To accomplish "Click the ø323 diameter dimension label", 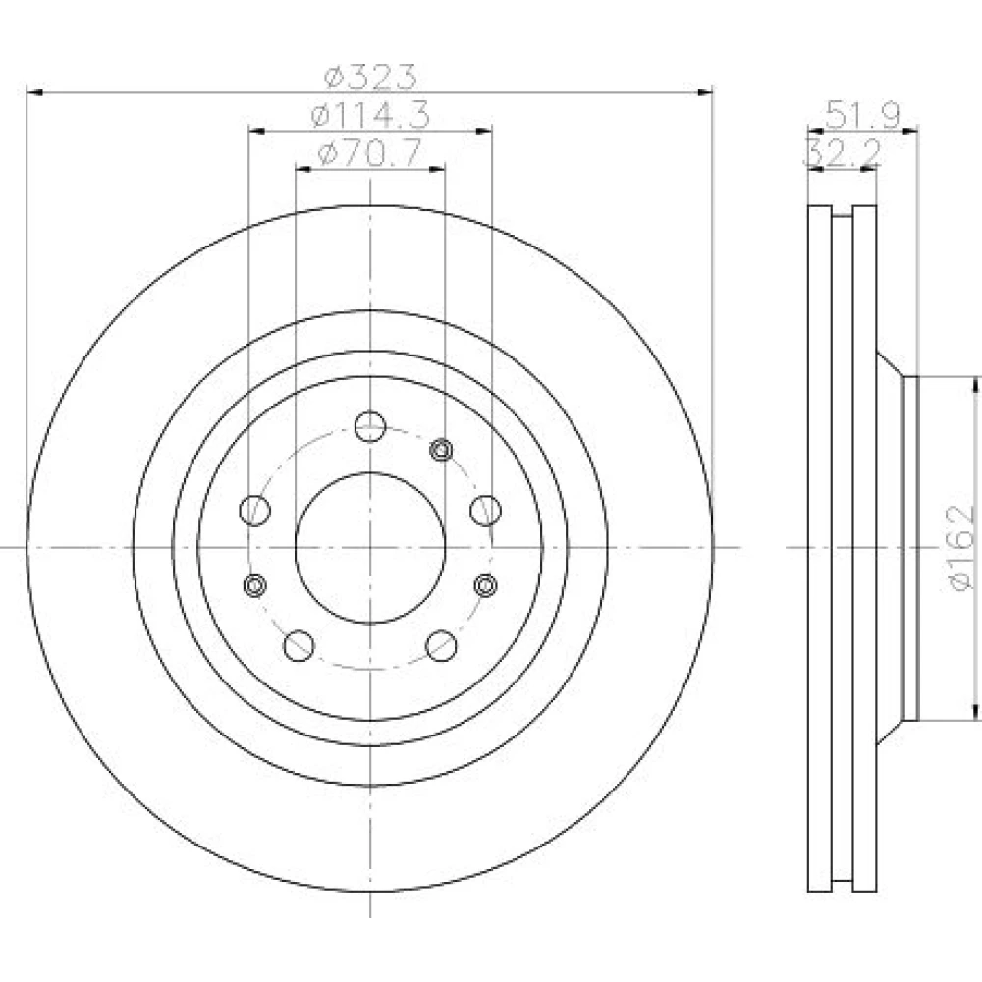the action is (370, 77).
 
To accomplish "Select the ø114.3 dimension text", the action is (370, 115).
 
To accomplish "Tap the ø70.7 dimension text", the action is (369, 153).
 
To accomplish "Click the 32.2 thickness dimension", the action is (843, 152).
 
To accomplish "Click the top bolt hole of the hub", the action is (370, 426).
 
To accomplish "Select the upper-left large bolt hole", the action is (255, 510).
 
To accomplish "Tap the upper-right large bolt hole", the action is (485, 510).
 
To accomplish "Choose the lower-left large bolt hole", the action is (299, 646).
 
